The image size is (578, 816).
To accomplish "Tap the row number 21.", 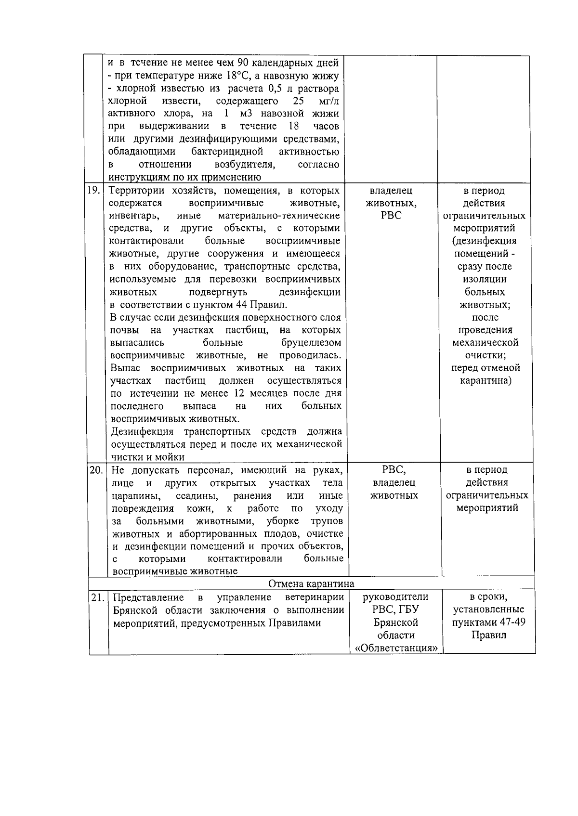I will [98, 598].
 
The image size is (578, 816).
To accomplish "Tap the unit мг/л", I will [329, 101].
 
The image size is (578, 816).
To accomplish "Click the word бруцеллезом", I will [311, 343].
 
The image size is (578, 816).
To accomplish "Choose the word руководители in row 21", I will [395, 597].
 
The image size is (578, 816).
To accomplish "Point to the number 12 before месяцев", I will [240, 393].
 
